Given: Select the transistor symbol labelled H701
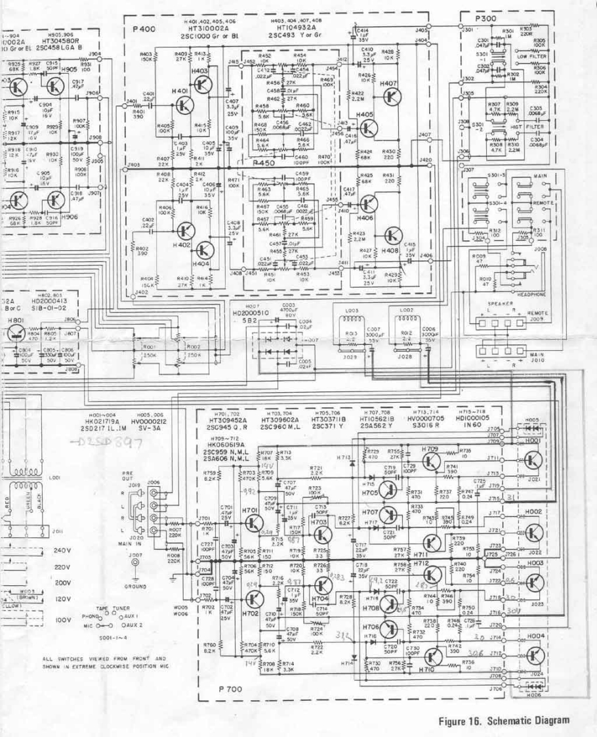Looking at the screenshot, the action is [253, 522].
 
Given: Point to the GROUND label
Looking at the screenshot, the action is [135, 585].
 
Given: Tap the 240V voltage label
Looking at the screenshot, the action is [62, 549].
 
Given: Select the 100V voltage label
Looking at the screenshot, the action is [62, 619].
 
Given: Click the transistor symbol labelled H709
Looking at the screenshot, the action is [430, 460].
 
